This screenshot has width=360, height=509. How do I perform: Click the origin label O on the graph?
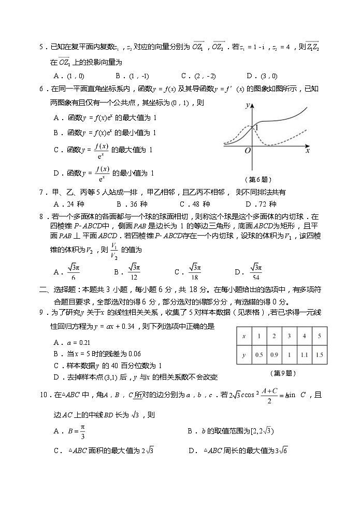pos(248,150)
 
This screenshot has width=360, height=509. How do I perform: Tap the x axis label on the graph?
pos(308,151)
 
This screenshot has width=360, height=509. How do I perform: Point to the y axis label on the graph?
pos(248,105)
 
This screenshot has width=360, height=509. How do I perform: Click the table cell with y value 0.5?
pos(258,355)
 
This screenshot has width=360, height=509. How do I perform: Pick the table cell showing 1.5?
pos(319,355)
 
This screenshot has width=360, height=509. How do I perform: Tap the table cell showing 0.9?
pos(274,355)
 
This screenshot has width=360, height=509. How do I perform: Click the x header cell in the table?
pos(243,336)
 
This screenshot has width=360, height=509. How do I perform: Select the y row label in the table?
pos(243,355)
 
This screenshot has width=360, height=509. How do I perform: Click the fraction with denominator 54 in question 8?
pos(255,271)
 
